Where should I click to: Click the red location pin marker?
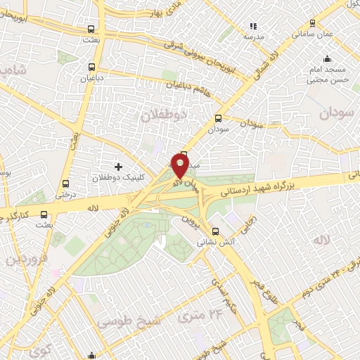click(x=180, y=165)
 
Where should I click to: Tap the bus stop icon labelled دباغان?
click(x=90, y=68)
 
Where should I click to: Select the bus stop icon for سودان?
click(x=217, y=118)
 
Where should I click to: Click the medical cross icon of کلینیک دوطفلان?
click(x=117, y=167)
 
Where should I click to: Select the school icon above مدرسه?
click(x=253, y=26)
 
